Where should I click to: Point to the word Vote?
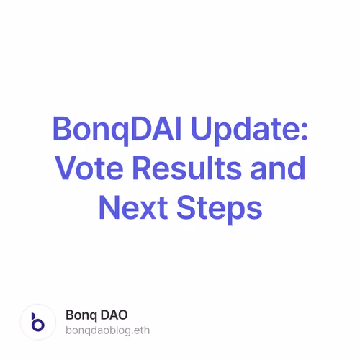click(x=87, y=169)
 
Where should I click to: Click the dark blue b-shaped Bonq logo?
click(x=37, y=323)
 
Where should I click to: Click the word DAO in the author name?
click(x=115, y=315)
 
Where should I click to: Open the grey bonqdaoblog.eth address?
click(x=107, y=330)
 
